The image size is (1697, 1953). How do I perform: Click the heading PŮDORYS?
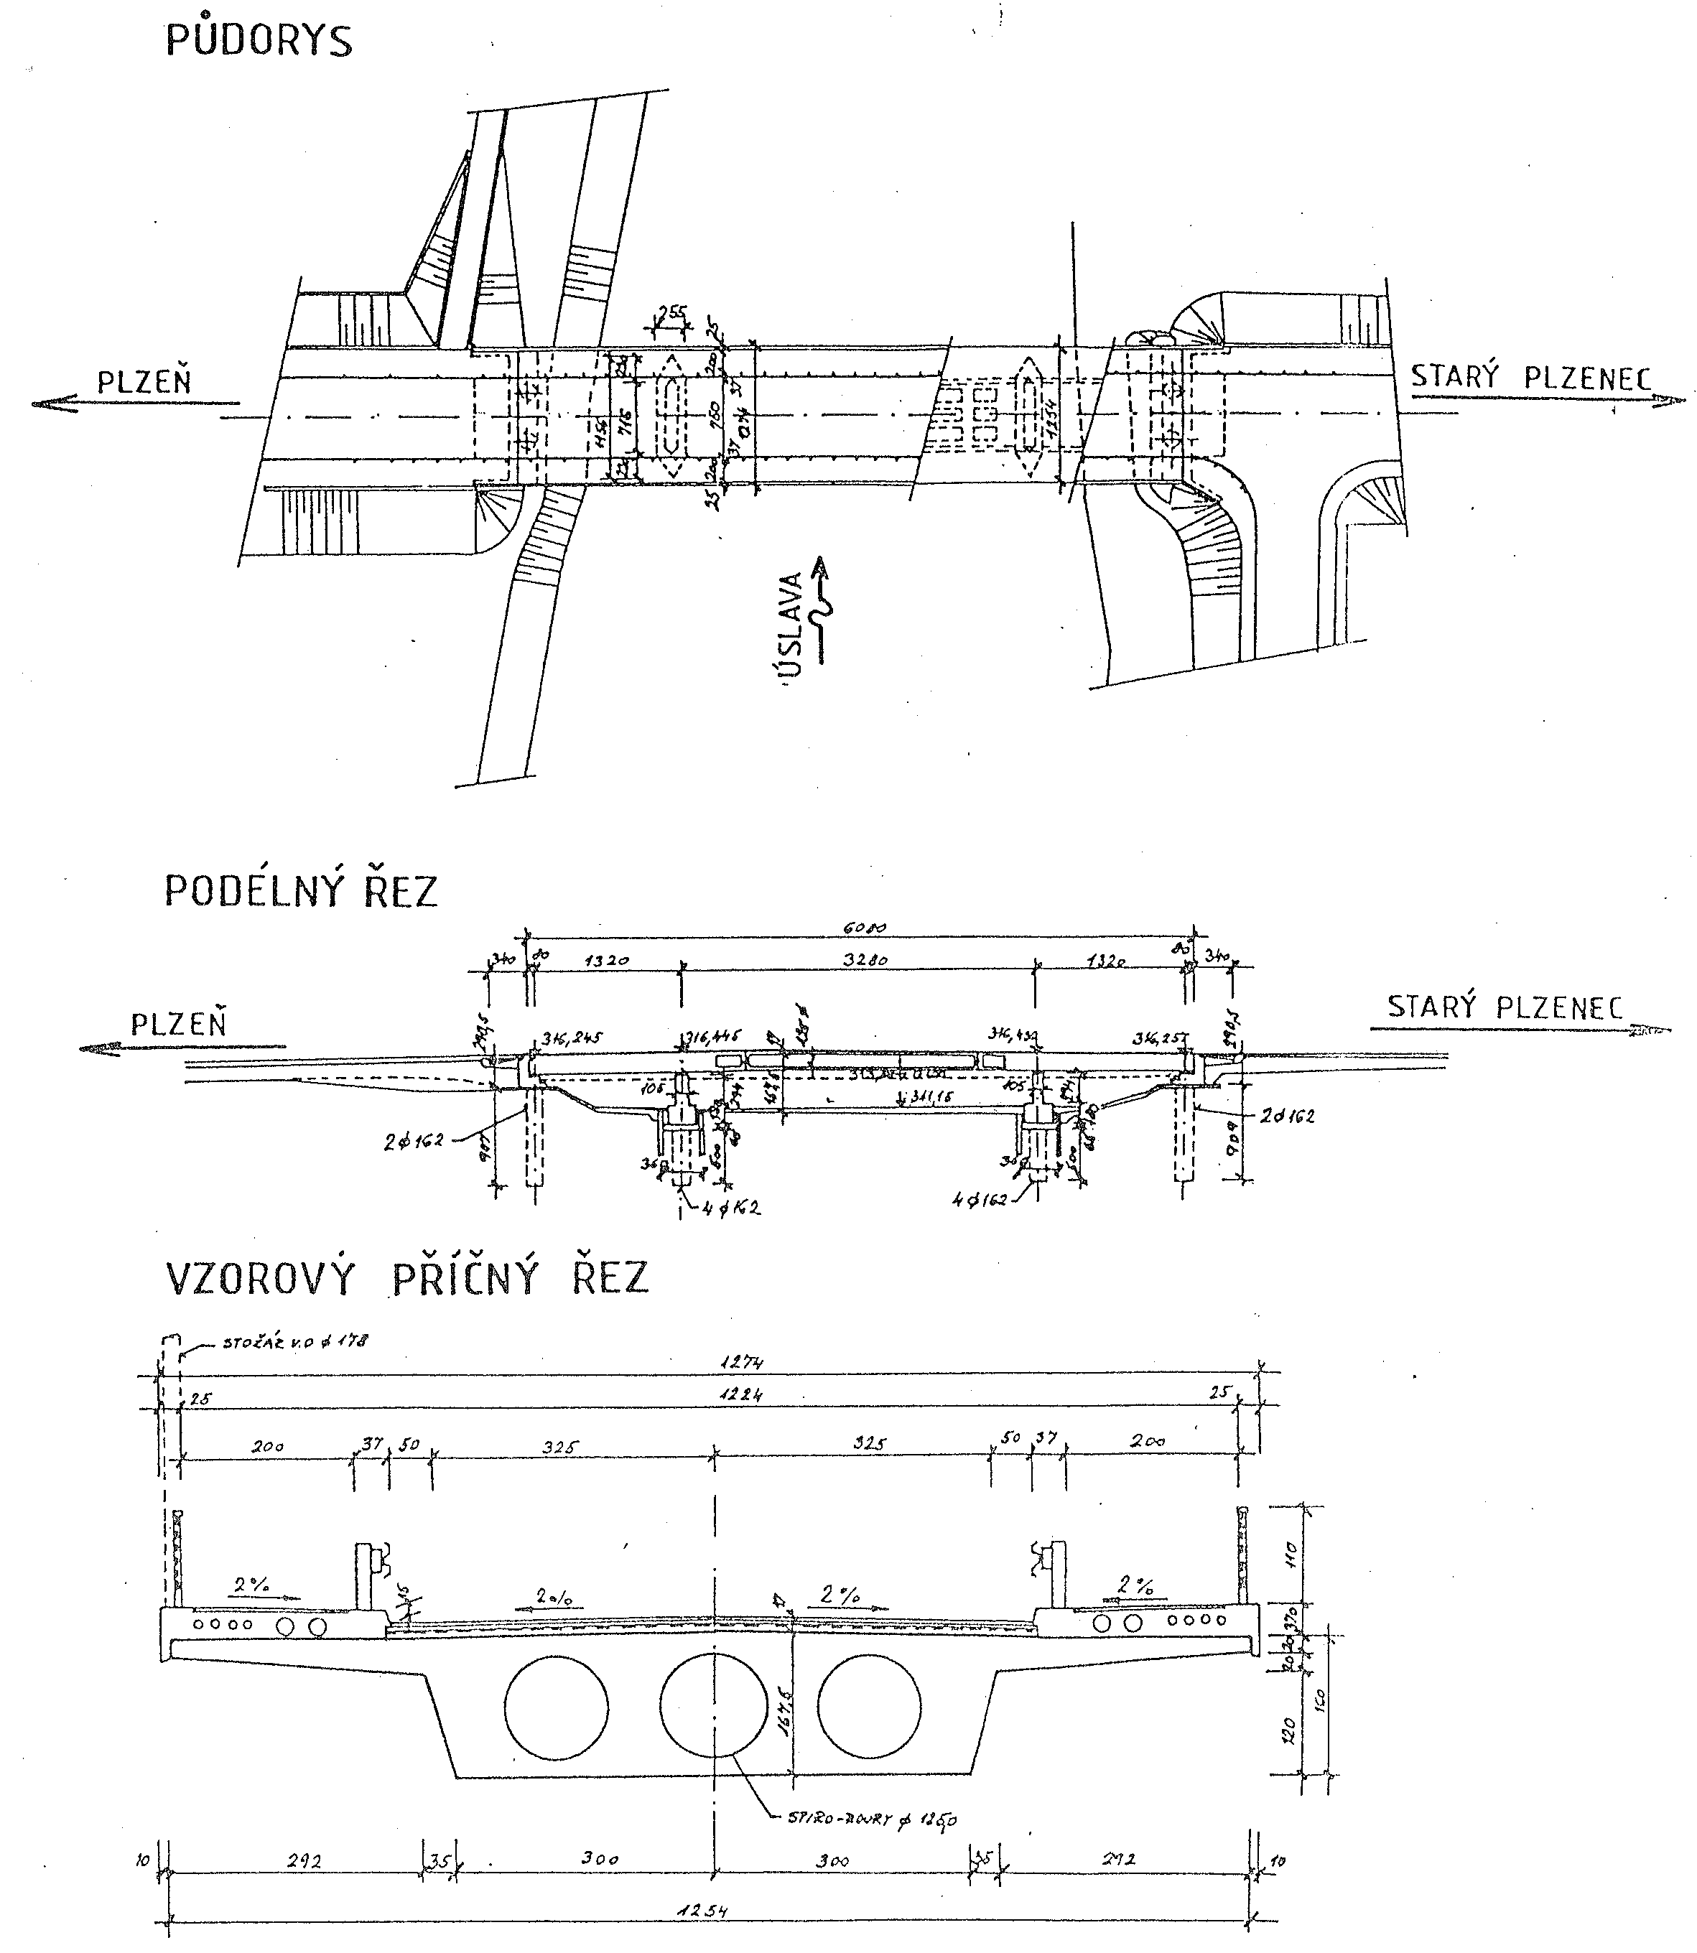pyautogui.click(x=259, y=41)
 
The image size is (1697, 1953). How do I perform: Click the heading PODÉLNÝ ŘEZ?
pyautogui.click(x=301, y=891)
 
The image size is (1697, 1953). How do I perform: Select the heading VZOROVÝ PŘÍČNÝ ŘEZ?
pyautogui.click(x=407, y=1278)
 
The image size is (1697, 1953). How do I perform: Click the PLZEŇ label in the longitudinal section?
pyautogui.click(x=178, y=1025)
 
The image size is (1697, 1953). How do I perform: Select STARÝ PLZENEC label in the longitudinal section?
pyautogui.click(x=1505, y=1007)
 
